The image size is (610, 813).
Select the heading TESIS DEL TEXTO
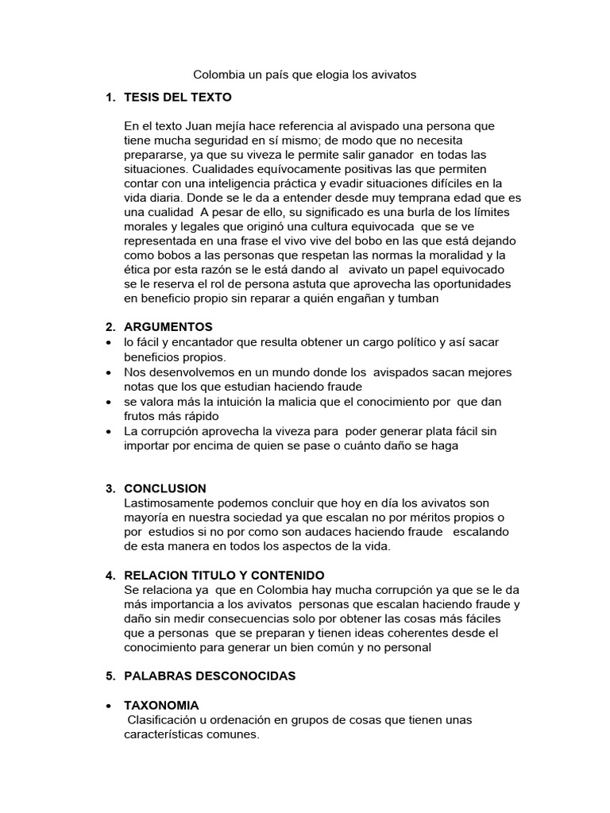tap(178, 98)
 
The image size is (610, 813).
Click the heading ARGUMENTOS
tap(168, 326)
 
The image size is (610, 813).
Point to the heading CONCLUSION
tap(165, 488)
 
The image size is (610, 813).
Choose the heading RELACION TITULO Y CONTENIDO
tap(224, 575)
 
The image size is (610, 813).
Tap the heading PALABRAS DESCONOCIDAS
tap(210, 676)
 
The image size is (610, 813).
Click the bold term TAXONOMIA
tap(161, 705)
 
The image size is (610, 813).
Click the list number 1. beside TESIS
tap(110, 98)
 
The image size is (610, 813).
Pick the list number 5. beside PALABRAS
tap(110, 676)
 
